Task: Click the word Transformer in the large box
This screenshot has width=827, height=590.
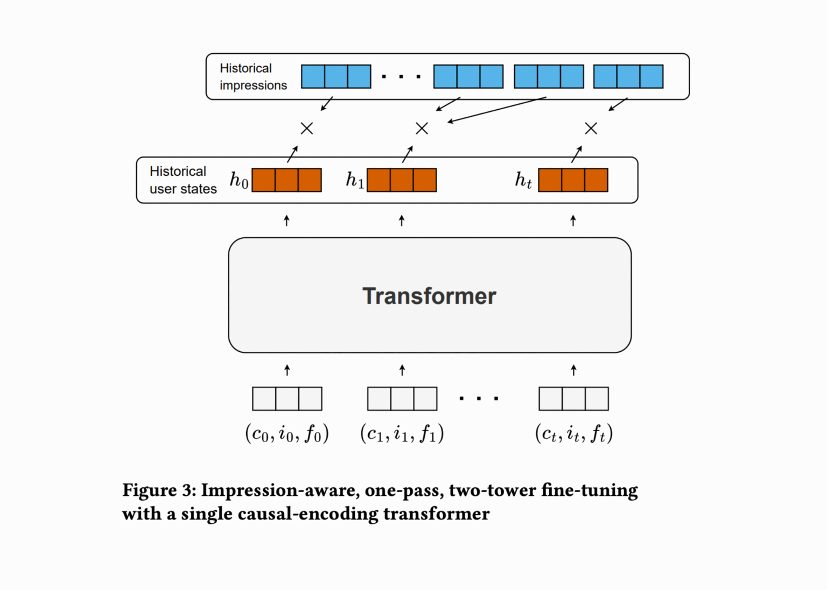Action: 429,296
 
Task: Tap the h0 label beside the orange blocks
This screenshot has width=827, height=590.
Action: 239,180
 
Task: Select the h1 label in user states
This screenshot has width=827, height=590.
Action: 355,180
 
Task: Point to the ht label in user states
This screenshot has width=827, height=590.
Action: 523,180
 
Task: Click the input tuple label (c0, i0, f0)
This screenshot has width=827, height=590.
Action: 287,433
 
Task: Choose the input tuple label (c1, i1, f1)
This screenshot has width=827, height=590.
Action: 402,433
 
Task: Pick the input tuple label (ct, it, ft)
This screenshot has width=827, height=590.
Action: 574,433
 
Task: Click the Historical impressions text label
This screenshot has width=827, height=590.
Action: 253,76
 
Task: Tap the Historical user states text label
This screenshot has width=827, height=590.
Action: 183,180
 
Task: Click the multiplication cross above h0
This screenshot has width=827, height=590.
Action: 307,129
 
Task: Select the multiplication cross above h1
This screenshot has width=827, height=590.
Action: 422,129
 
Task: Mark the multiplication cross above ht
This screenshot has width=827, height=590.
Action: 591,129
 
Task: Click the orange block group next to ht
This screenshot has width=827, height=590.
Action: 573,180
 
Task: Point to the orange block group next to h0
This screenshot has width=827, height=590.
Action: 287,180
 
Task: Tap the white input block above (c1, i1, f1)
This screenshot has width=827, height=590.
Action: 402,399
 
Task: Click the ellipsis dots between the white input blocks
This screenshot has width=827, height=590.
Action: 479,399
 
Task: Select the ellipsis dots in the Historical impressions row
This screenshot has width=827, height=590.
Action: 401,77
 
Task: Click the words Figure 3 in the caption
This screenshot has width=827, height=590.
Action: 159,490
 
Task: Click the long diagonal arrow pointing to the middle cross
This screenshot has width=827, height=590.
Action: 497,110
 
